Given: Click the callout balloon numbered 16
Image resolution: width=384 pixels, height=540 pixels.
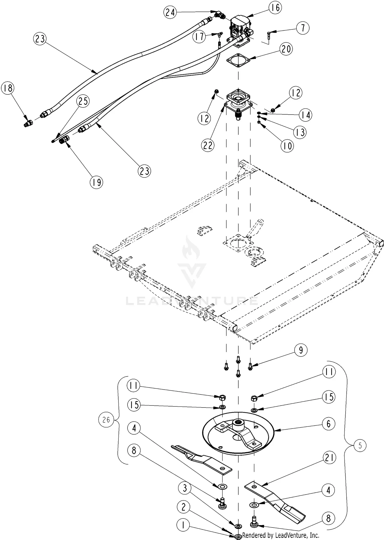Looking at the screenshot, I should pyautogui.click(x=275, y=8).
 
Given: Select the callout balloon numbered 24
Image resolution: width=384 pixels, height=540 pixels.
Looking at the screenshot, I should pyautogui.click(x=170, y=12).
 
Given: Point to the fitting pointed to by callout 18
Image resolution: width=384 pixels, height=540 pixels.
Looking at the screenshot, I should pyautogui.click(x=28, y=124).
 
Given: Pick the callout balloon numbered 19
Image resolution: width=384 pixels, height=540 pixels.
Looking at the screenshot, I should pyautogui.click(x=97, y=182).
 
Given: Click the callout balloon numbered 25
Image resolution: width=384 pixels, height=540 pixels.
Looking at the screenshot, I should pyautogui.click(x=83, y=101).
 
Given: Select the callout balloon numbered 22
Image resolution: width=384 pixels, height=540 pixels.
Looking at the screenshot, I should pyautogui.click(x=208, y=145).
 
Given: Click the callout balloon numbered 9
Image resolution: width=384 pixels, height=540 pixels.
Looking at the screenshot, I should pyautogui.click(x=301, y=350).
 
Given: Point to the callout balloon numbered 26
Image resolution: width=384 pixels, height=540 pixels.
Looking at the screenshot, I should pyautogui.click(x=106, y=420).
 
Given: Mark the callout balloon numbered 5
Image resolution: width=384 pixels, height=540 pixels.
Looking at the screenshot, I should pyautogui.click(x=360, y=446).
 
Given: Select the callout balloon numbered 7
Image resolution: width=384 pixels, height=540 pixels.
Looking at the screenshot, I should pyautogui.click(x=303, y=28).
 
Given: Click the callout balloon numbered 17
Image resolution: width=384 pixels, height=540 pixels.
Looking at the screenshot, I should pyautogui.click(x=199, y=37).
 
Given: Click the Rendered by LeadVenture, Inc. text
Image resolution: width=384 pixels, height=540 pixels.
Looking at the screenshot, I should pyautogui.click(x=281, y=535).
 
